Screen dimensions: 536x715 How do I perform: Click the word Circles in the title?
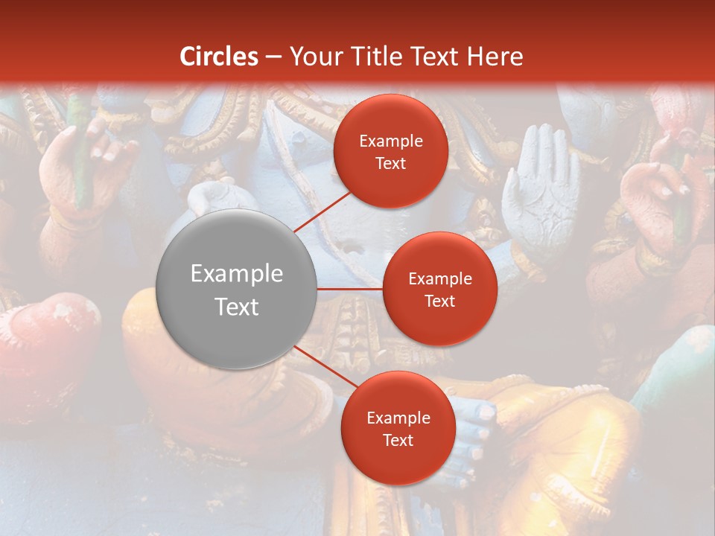click(218, 57)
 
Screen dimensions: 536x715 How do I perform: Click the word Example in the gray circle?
click(236, 274)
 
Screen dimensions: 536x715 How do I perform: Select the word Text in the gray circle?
click(236, 307)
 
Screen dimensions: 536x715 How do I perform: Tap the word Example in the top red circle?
click(390, 141)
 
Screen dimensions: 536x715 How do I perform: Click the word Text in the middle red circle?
click(439, 301)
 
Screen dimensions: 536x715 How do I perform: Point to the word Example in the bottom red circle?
click(398, 418)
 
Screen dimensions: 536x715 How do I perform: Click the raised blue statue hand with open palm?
click(540, 190)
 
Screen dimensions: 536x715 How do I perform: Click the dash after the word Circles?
click(273, 57)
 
